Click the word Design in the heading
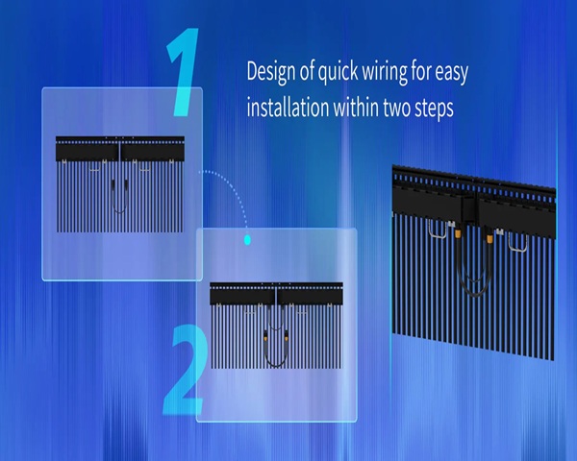[271, 72]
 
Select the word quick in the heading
[338, 72]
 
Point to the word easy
[452, 73]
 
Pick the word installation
[288, 108]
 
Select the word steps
[435, 109]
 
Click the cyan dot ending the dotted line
[247, 240]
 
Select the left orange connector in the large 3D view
[458, 233]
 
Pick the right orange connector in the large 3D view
[489, 239]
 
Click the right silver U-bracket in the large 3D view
[517, 250]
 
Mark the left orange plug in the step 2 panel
[265, 336]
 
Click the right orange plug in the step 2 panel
[286, 336]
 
